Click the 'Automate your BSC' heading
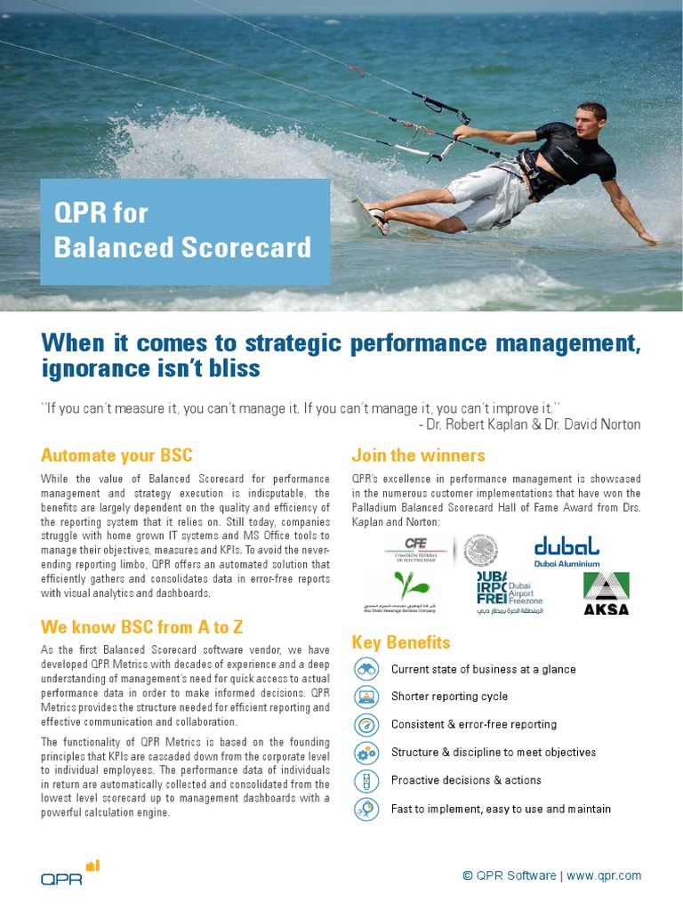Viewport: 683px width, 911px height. click(x=117, y=455)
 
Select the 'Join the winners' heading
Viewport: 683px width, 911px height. click(x=418, y=455)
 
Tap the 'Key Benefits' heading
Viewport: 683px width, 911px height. click(x=401, y=642)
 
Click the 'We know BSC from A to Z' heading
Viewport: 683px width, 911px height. click(x=142, y=626)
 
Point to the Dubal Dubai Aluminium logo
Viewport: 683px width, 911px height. click(x=566, y=551)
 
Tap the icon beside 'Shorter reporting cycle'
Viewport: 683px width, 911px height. click(x=366, y=697)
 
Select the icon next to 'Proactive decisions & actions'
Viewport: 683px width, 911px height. click(x=366, y=780)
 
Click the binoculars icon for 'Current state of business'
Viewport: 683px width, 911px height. click(x=366, y=669)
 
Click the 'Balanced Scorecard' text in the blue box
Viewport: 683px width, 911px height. click(x=182, y=247)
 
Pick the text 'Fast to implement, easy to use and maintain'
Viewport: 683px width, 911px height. click(x=501, y=809)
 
